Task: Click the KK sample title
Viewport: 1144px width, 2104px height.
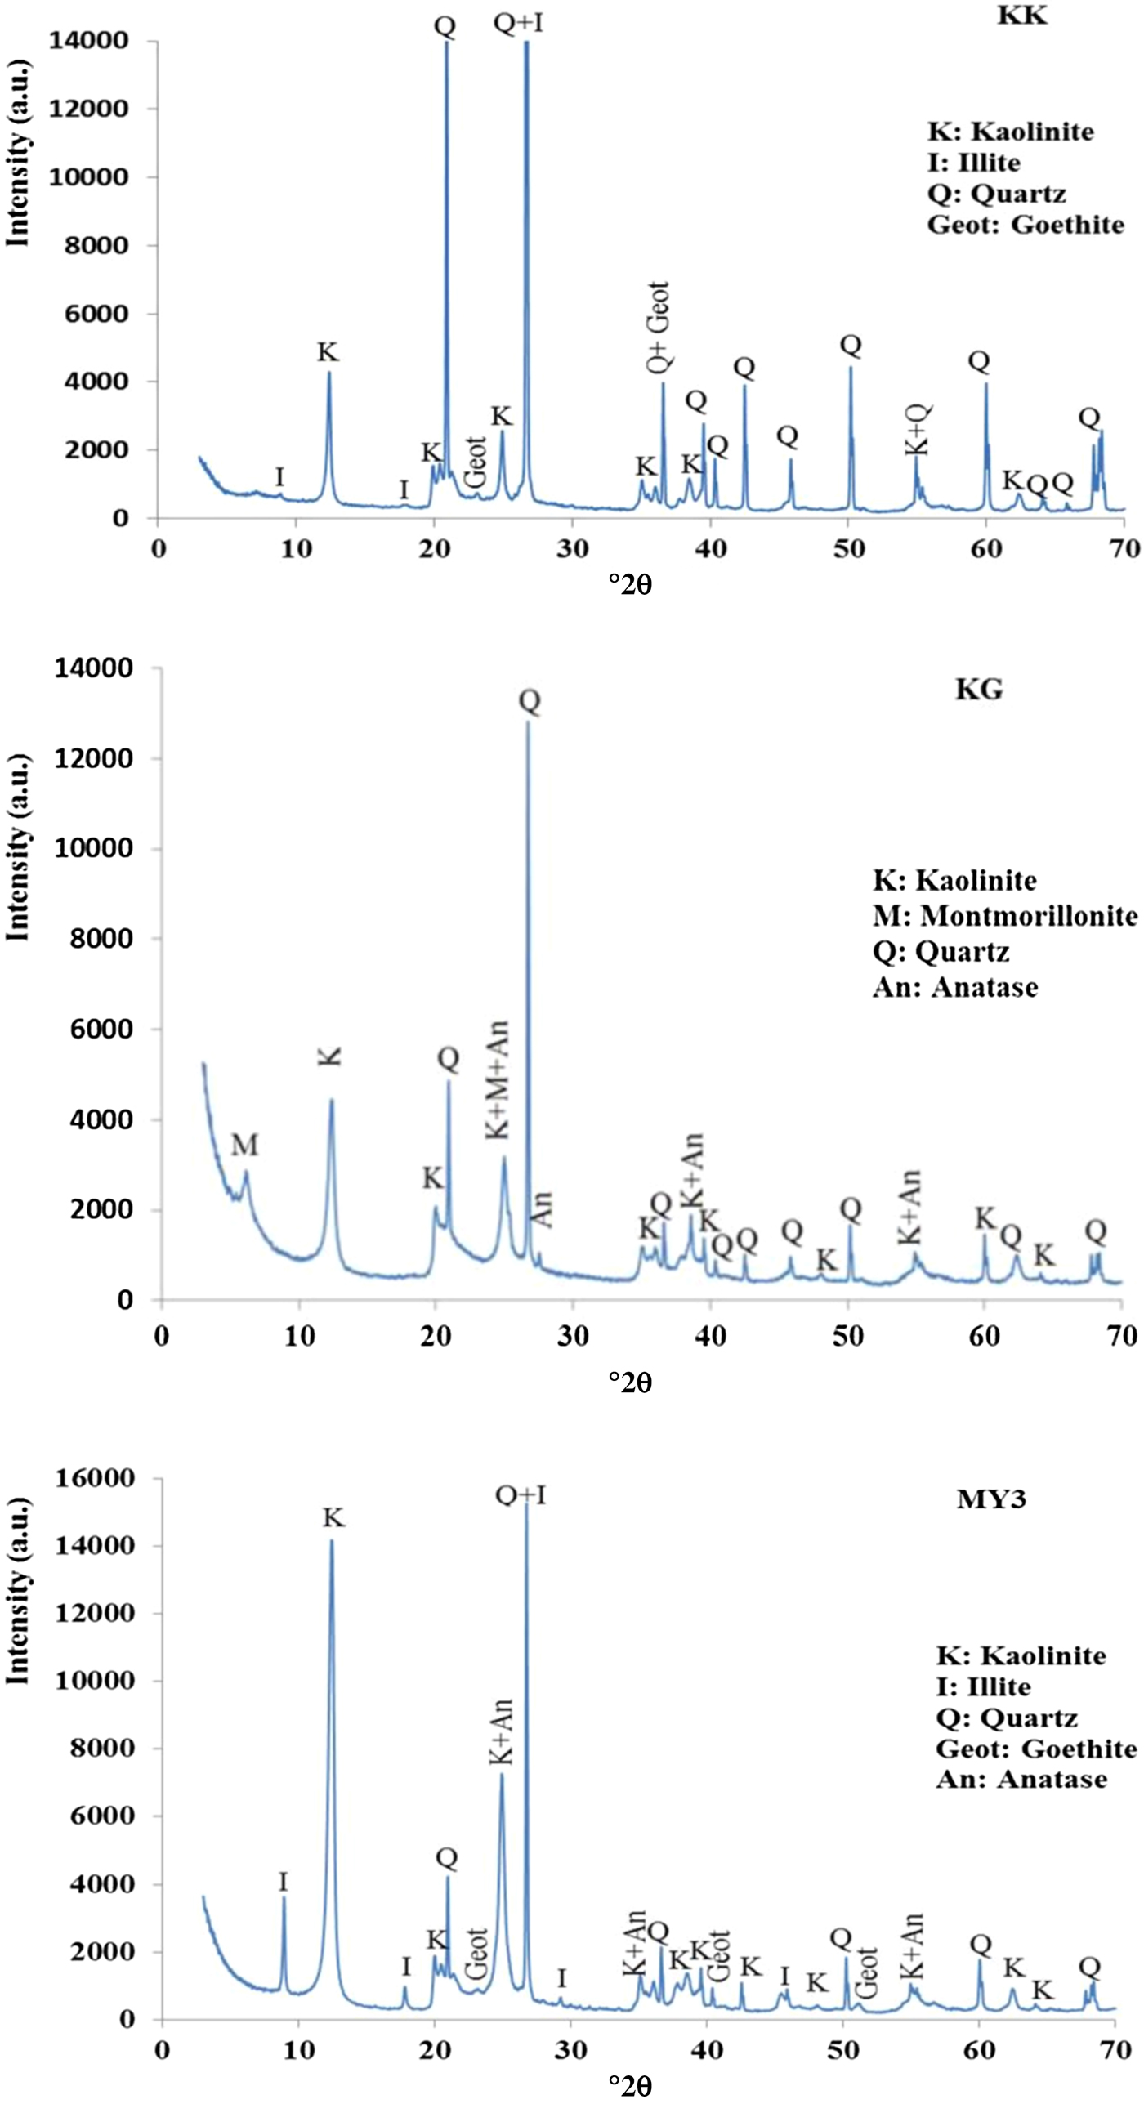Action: pyautogui.click(x=1021, y=16)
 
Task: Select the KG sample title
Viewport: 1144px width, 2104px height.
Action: pyautogui.click(x=979, y=690)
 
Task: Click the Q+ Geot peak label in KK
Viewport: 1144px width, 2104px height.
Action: pyautogui.click(x=659, y=328)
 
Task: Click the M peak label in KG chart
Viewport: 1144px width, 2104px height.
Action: pyautogui.click(x=244, y=1146)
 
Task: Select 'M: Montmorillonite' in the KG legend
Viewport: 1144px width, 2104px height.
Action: pyautogui.click(x=1004, y=915)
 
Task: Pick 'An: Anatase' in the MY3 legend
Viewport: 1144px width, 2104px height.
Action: pyautogui.click(x=1021, y=1779)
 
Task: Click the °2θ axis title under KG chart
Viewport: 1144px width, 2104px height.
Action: pyautogui.click(x=630, y=1382)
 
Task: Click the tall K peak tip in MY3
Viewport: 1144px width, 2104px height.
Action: pyautogui.click(x=332, y=1541)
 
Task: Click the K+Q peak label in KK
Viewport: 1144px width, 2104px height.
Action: pyautogui.click(x=918, y=430)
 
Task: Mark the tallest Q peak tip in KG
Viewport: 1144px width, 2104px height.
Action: pyautogui.click(x=528, y=721)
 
